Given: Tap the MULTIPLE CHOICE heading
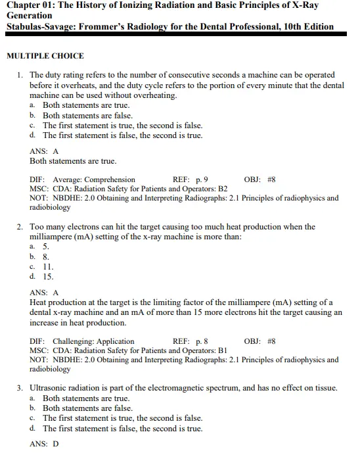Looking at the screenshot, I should (x=45, y=56).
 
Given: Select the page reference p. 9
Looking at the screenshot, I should (x=202, y=180).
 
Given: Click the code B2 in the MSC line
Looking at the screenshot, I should (x=223, y=189).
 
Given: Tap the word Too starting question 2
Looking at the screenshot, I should (x=37, y=227).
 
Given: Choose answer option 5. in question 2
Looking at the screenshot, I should (x=46, y=247).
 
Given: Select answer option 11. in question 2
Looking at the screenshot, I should (x=48, y=267).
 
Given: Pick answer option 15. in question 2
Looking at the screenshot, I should (x=48, y=277).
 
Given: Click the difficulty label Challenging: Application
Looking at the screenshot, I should (x=93, y=341).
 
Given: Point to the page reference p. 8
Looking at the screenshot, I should (x=202, y=341).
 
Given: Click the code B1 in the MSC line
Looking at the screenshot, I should (x=223, y=350).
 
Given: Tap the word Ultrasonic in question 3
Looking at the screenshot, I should (x=50, y=388).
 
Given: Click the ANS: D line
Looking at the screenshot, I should (x=44, y=444).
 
